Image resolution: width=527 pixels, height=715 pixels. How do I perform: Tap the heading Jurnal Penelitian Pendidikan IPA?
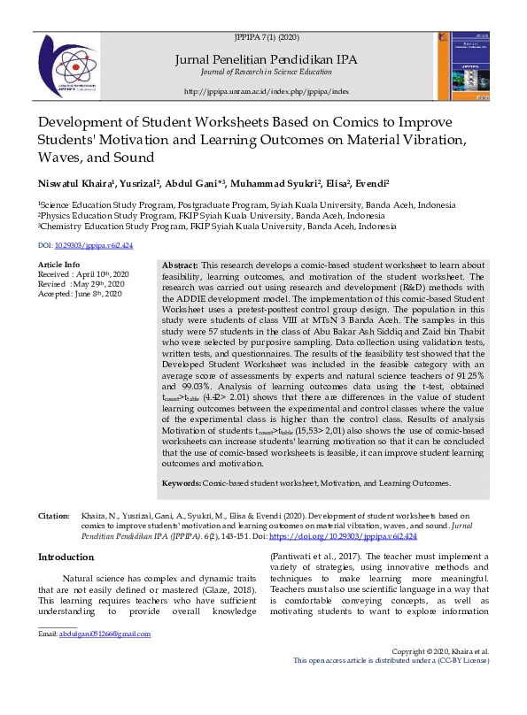pos(267,60)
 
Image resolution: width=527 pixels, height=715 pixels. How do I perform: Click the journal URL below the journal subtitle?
pos(267,91)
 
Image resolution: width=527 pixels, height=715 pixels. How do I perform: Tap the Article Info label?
pos(58,265)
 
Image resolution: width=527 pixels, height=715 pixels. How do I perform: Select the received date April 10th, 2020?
pos(105,274)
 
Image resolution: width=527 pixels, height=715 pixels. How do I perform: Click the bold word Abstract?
pos(181,265)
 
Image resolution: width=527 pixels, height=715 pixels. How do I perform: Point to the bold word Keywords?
pos(181,483)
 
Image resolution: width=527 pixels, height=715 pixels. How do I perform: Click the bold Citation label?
pos(53,514)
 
